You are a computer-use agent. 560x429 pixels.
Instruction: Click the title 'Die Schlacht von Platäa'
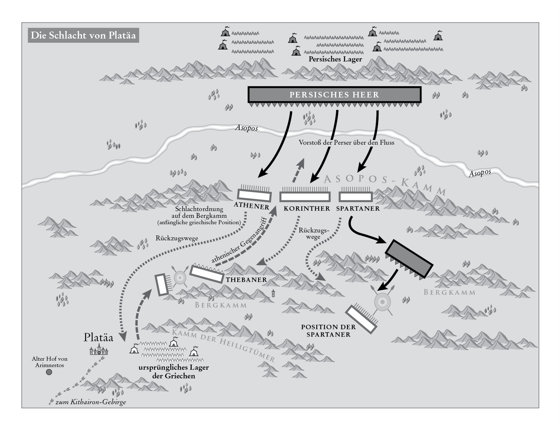[83, 35]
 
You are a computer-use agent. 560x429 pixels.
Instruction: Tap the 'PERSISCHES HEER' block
[334, 94]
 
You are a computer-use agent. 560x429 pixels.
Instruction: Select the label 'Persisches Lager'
[335, 59]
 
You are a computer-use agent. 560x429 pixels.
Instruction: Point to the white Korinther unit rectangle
[305, 197]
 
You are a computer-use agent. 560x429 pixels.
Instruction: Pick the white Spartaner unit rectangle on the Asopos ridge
[356, 197]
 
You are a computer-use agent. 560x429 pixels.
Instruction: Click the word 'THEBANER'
[246, 280]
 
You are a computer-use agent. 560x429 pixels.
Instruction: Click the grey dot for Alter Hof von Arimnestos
[49, 372]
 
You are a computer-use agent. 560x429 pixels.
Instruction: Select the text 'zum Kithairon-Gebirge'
[91, 402]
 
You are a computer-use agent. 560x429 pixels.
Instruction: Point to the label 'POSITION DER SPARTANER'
[328, 331]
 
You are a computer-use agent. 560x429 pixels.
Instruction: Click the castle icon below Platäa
[99, 350]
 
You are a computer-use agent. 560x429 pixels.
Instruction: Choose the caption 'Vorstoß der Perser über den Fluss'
[346, 142]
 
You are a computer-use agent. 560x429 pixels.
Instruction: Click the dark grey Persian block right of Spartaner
[409, 259]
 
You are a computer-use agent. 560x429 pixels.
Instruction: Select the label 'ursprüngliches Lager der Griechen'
[173, 372]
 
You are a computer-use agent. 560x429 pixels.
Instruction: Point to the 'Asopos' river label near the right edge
[480, 173]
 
